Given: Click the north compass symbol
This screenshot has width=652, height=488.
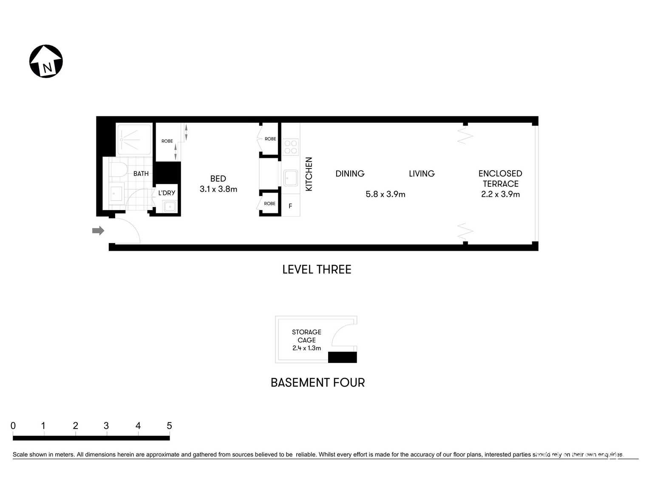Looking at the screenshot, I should point(46,61).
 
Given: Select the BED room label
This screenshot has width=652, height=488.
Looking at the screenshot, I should point(218,179).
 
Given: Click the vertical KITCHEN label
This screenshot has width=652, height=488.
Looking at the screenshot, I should point(309,174).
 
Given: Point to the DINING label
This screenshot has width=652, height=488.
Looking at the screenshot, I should point(350,174).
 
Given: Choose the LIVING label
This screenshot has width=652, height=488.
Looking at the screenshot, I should point(422,174).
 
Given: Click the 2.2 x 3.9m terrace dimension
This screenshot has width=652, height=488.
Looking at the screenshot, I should point(500,194).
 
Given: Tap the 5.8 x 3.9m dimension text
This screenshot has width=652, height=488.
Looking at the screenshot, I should point(385,194).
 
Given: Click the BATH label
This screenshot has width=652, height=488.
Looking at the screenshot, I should point(141,174).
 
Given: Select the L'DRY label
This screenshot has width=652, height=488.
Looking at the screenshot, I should point(167,193).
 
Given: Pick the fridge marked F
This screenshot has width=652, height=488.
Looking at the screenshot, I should point(290,206).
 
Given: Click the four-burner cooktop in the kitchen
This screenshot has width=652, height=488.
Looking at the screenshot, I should point(291,147).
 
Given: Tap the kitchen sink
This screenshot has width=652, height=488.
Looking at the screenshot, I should point(291,178).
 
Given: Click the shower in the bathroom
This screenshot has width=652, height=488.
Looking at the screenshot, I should point(133,139).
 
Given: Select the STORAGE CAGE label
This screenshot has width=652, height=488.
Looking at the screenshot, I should point(306,336).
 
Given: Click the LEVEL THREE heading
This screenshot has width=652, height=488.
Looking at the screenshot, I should point(317,269).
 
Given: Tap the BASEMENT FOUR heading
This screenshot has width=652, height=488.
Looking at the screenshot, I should point(317,383).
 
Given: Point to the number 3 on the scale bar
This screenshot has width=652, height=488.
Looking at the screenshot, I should point(106,426).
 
